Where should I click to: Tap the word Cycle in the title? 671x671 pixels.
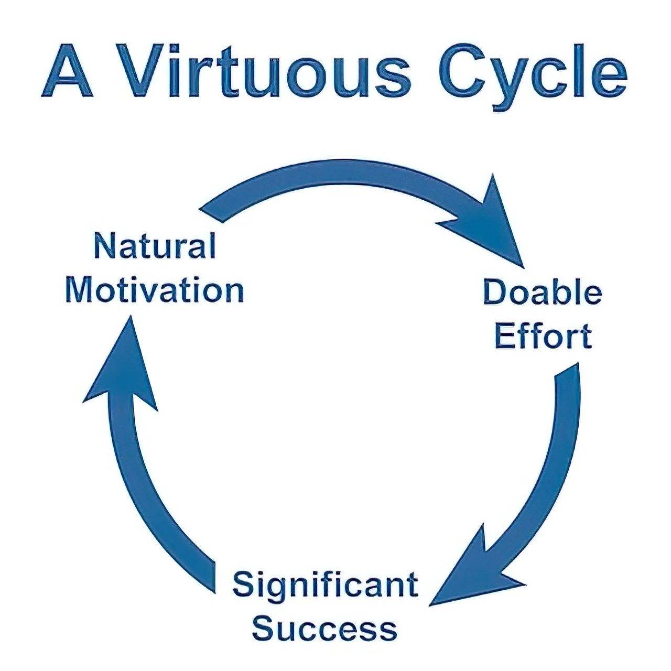(533, 73)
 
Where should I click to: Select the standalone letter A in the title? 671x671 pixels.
(67, 71)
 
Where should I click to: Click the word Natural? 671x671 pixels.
(155, 246)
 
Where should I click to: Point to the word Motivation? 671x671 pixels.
(155, 290)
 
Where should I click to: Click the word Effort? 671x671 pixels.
(543, 336)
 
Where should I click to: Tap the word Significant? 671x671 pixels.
(325, 585)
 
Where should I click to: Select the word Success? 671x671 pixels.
(325, 629)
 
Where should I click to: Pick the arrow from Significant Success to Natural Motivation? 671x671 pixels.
(152, 503)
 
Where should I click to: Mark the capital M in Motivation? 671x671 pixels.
(81, 290)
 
